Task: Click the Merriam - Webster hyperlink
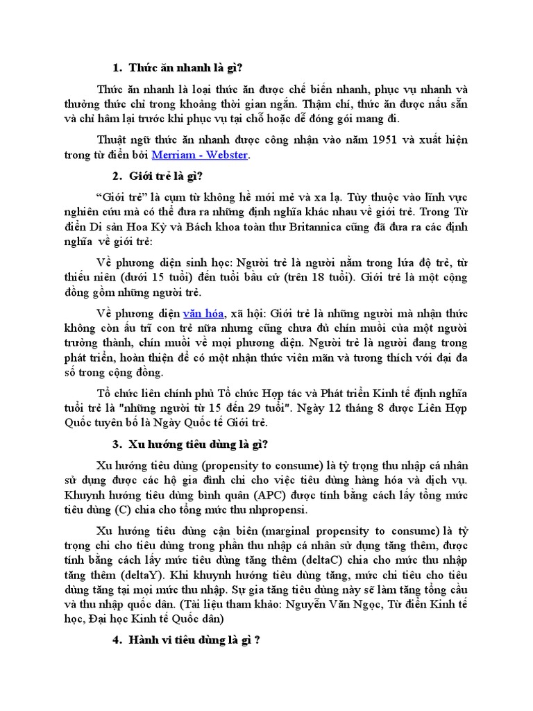199,155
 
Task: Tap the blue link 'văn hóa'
203,313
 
